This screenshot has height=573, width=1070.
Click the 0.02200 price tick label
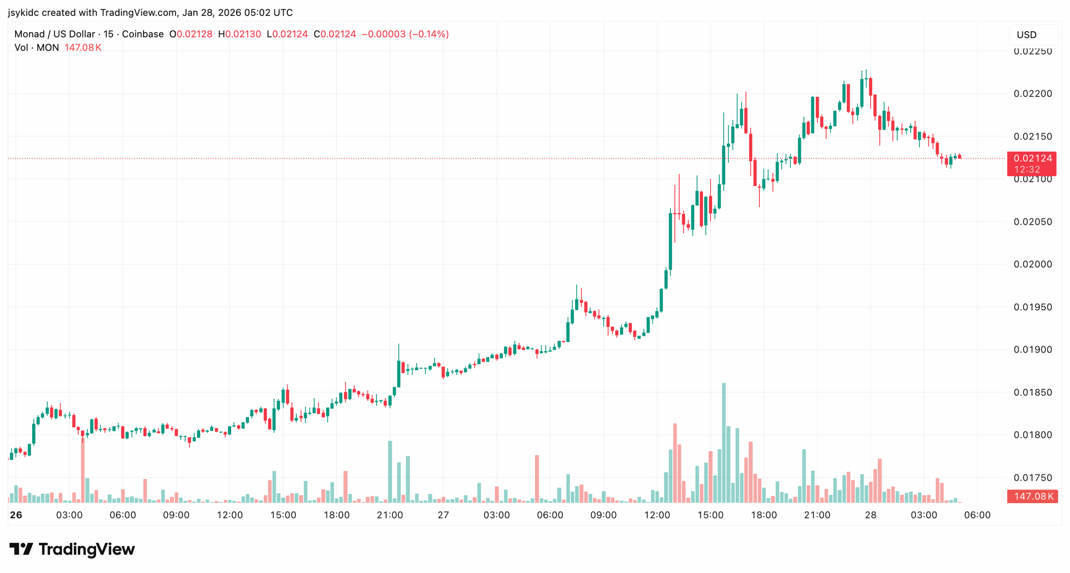click(1032, 94)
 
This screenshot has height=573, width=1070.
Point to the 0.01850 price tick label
click(1032, 392)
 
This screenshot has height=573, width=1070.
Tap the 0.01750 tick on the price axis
click(1032, 477)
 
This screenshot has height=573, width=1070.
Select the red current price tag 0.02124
click(1031, 159)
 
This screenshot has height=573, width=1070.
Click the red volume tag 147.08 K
click(1032, 496)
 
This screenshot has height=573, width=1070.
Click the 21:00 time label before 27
click(390, 515)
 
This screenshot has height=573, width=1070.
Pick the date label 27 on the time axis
click(443, 515)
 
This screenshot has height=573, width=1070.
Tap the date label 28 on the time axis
click(870, 515)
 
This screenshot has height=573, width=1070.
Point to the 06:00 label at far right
click(977, 515)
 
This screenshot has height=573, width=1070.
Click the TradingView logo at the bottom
click(72, 549)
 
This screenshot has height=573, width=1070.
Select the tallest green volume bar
click(724, 443)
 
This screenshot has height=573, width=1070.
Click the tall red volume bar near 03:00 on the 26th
click(83, 470)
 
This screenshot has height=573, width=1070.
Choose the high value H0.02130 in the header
click(239, 34)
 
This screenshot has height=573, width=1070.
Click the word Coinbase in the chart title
click(143, 34)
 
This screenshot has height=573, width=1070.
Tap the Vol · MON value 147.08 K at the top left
click(83, 48)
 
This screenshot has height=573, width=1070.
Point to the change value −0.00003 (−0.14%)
click(405, 34)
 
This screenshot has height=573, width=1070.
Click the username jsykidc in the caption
click(23, 13)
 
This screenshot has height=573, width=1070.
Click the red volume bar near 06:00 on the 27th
click(537, 479)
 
